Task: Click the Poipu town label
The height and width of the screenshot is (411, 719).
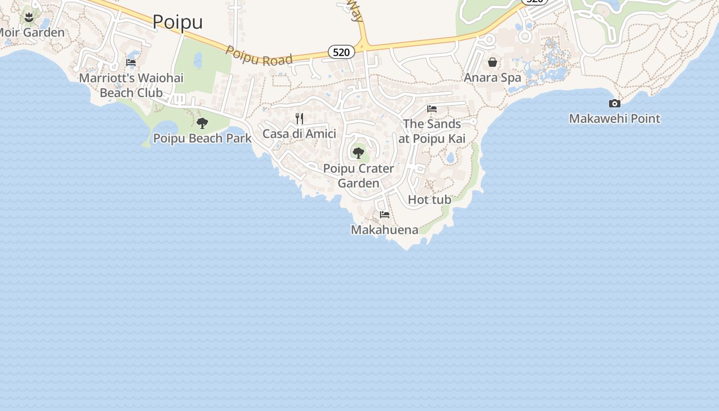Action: (x=178, y=22)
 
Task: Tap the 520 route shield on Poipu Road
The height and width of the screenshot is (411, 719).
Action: (x=342, y=52)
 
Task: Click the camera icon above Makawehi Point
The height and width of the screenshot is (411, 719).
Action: (x=614, y=103)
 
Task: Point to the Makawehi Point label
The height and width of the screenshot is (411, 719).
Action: (x=614, y=119)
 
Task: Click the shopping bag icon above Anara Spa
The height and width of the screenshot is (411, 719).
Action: (x=493, y=62)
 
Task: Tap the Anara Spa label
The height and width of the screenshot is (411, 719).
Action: (x=493, y=78)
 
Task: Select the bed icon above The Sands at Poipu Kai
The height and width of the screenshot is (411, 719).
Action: (x=432, y=109)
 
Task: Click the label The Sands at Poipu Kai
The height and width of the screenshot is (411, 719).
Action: (x=432, y=131)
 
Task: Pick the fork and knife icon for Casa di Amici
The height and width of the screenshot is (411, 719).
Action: (x=299, y=119)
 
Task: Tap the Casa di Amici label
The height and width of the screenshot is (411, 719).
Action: (x=299, y=134)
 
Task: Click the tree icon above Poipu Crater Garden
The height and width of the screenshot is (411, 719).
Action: (x=358, y=153)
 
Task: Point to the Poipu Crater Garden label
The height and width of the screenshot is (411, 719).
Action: (x=358, y=176)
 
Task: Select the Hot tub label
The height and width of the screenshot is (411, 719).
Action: (x=429, y=199)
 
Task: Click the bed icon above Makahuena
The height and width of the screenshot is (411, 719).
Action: (x=385, y=215)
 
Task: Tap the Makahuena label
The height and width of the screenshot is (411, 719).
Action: (x=385, y=230)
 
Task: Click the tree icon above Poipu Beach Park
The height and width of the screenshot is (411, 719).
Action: (x=202, y=123)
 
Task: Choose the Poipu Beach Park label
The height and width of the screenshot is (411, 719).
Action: (x=202, y=138)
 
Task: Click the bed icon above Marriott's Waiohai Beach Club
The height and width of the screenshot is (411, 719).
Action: (x=131, y=63)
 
